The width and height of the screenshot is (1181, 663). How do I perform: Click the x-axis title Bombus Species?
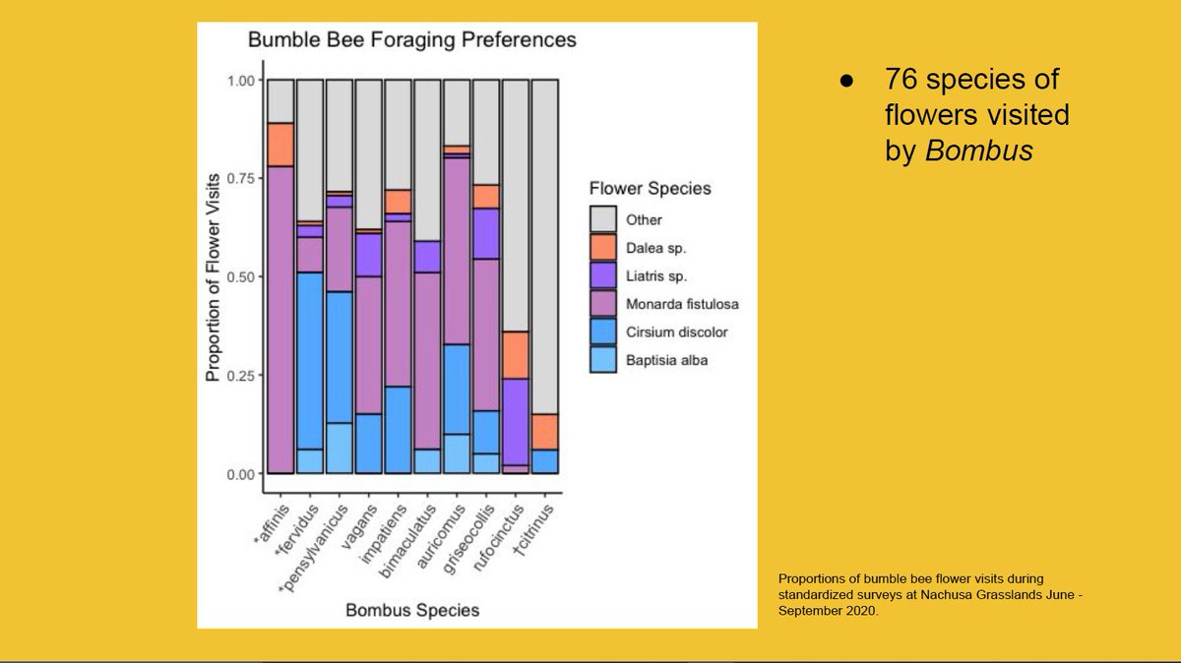pyautogui.click(x=412, y=610)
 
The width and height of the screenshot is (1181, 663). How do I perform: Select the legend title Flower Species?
pyautogui.click(x=649, y=188)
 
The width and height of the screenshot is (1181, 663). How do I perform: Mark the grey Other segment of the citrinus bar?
pyautogui.click(x=544, y=246)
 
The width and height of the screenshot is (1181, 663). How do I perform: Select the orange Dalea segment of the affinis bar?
pyautogui.click(x=280, y=145)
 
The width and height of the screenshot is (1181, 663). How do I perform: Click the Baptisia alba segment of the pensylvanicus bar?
pyautogui.click(x=340, y=448)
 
